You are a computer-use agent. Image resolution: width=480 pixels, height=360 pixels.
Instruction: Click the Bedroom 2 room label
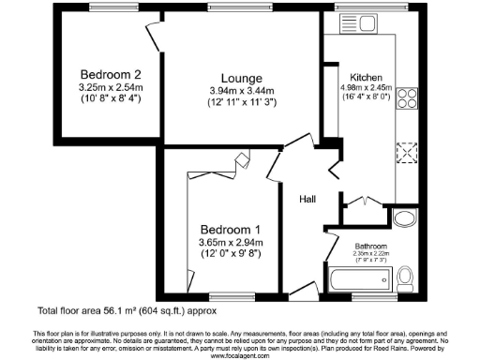click(110, 75)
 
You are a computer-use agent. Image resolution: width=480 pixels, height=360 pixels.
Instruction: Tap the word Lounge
click(241, 78)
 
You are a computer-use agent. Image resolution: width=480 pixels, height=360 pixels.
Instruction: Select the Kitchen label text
click(367, 76)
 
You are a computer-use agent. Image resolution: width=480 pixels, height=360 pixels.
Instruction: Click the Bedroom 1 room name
click(230, 230)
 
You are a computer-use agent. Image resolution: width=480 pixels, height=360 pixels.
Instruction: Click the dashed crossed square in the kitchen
click(408, 151)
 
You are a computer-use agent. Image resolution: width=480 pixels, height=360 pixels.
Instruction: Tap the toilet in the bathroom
click(406, 277)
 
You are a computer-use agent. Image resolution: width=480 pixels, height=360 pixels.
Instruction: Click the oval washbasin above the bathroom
click(405, 218)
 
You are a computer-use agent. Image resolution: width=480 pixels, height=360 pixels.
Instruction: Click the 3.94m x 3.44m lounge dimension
click(241, 91)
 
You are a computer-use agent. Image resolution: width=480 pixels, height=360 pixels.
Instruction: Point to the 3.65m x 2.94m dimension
click(230, 243)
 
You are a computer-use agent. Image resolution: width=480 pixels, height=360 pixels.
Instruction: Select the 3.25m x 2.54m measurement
click(110, 87)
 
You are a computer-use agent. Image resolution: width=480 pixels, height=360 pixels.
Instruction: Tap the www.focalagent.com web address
click(240, 355)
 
